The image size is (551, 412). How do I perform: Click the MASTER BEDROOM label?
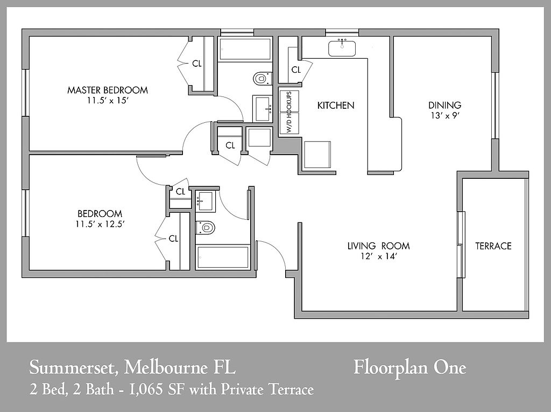click(108, 90)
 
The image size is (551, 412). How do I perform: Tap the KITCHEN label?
click(336, 105)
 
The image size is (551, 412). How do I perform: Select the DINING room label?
click(444, 105)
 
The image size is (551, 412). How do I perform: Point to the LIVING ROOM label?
click(378, 246)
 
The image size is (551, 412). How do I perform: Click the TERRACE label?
click(493, 246)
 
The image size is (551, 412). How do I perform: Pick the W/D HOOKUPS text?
click(289, 112)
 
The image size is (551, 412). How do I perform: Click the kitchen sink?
click(342, 48)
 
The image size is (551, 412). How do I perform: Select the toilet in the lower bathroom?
click(205, 228)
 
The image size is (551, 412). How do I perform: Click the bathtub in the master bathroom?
click(245, 49)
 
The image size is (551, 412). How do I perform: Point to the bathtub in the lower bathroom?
click(223, 257)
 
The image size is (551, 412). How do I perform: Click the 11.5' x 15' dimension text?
click(107, 101)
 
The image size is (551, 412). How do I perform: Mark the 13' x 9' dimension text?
click(445, 115)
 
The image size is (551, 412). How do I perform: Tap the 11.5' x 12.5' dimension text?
click(100, 224)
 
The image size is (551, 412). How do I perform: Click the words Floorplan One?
click(409, 368)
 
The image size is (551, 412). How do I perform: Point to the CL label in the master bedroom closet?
click(197, 64)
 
